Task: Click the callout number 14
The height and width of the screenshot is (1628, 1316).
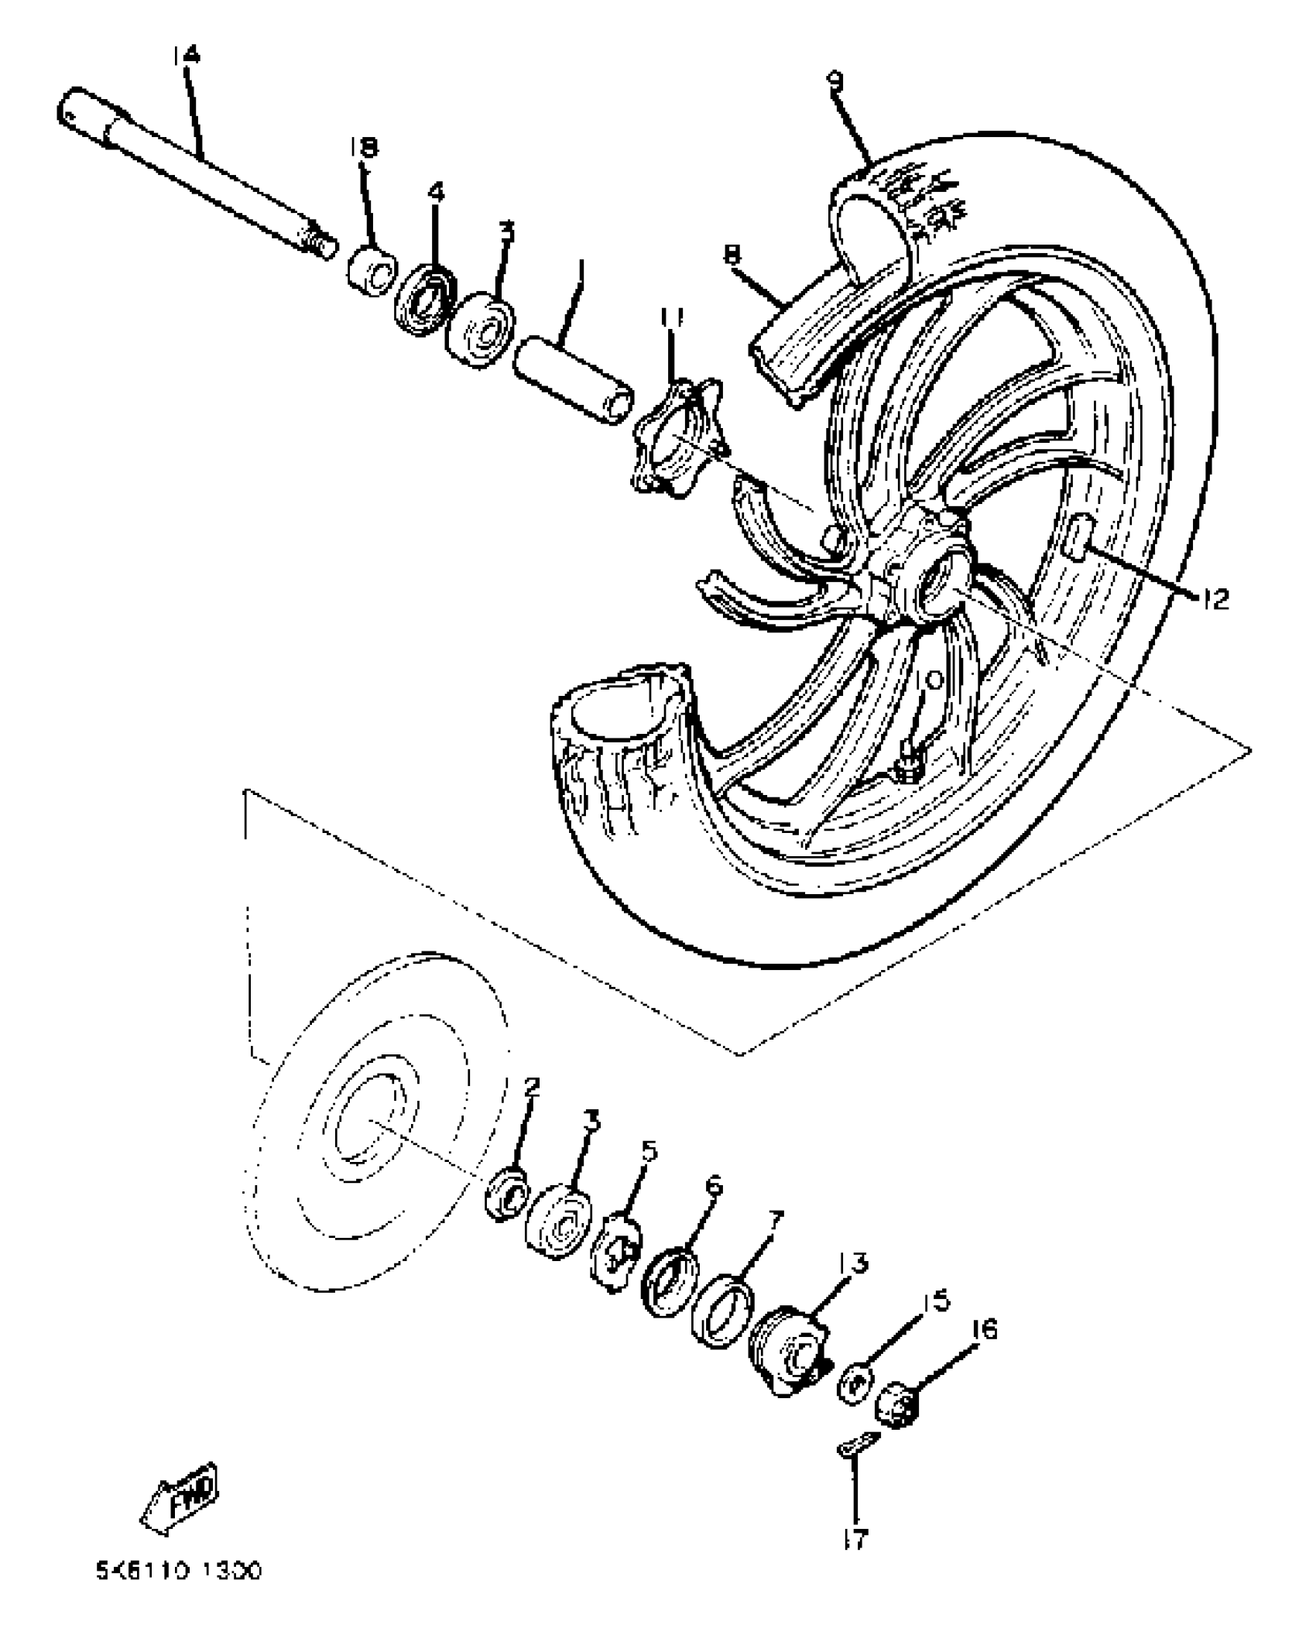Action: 186,56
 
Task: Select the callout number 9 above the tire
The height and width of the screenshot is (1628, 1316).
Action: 835,81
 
